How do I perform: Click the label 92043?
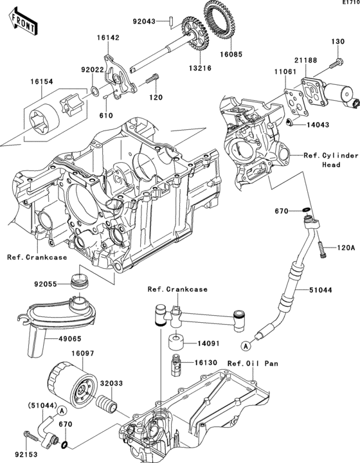click(145, 21)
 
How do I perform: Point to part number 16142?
click(108, 38)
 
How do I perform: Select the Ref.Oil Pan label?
click(253, 363)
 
